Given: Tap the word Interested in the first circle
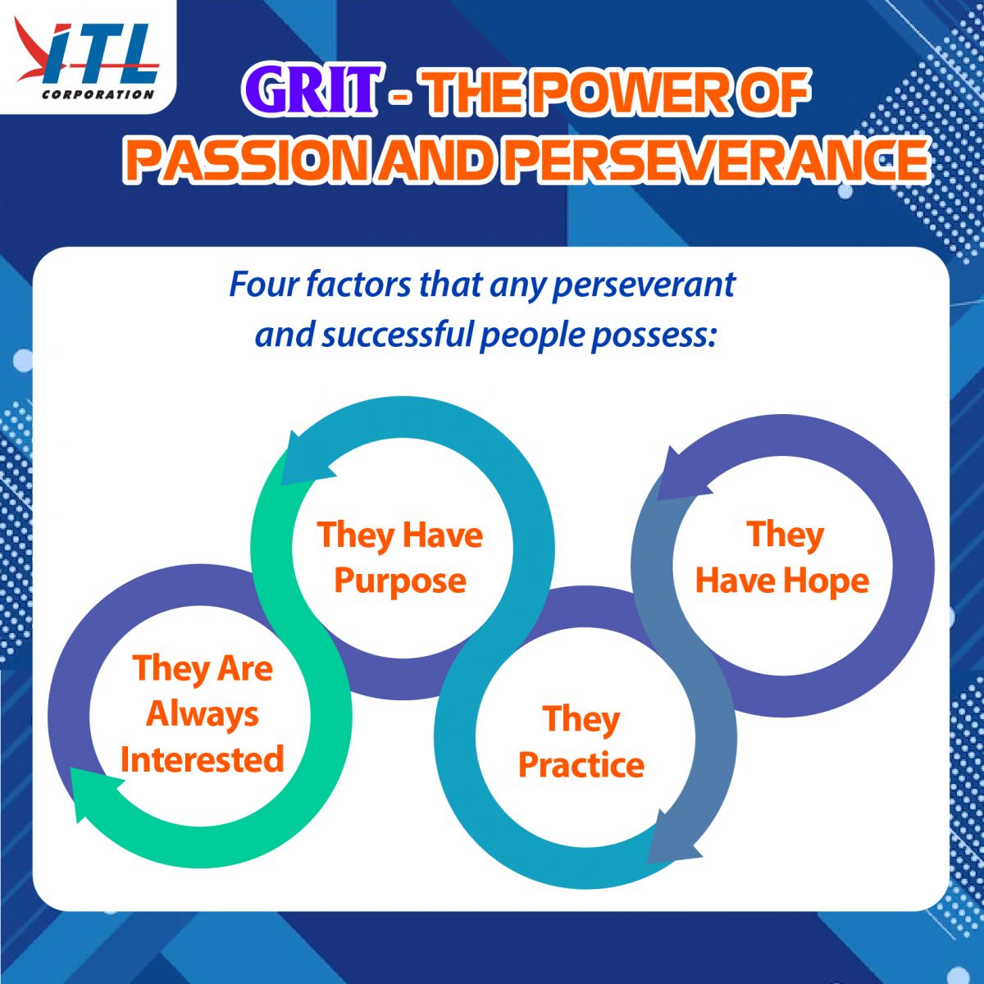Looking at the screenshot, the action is click(203, 758).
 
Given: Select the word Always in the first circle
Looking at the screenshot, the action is click(203, 715).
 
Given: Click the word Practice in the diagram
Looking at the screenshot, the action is click(581, 765).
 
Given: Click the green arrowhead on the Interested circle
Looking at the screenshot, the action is click(94, 794).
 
